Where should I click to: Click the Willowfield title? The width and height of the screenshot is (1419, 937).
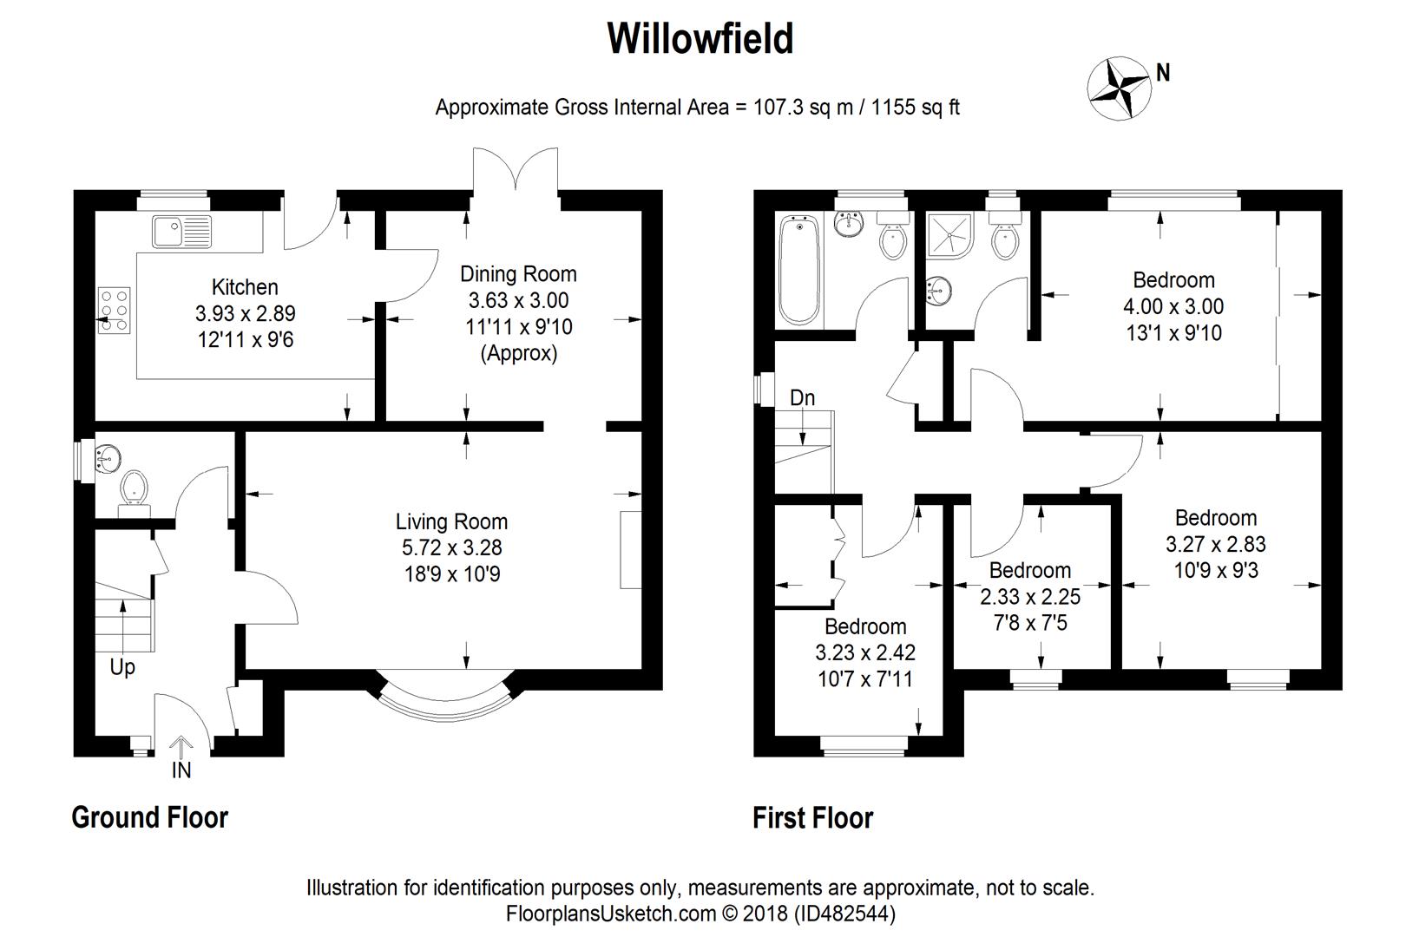coord(700,39)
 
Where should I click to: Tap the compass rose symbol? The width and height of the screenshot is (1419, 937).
coord(1119,88)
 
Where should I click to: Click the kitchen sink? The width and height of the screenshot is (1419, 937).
coord(181,231)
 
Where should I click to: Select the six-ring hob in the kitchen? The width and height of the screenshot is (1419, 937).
coord(114,311)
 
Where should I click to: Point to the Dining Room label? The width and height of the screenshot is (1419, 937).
coord(518,274)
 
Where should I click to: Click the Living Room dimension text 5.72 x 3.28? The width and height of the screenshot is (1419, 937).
coord(451,547)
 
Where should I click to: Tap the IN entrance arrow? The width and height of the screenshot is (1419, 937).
coord(181,747)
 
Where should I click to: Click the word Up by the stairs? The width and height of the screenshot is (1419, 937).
coord(122,667)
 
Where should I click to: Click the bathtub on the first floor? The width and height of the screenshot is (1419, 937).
coord(799,271)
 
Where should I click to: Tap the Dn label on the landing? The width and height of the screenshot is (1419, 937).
coord(802,398)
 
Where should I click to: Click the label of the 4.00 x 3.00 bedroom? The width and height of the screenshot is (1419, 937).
coord(1174,280)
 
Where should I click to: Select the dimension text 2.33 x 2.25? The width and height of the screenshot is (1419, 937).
coord(1030,596)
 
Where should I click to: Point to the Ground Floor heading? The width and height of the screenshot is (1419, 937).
coord(149,817)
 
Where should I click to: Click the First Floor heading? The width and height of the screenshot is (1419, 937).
coord(812,818)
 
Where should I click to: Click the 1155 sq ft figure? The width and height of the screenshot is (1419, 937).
coord(916,108)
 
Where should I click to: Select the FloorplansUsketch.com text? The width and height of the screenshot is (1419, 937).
coord(611,914)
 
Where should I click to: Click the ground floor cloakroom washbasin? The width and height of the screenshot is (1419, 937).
coord(108,457)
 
